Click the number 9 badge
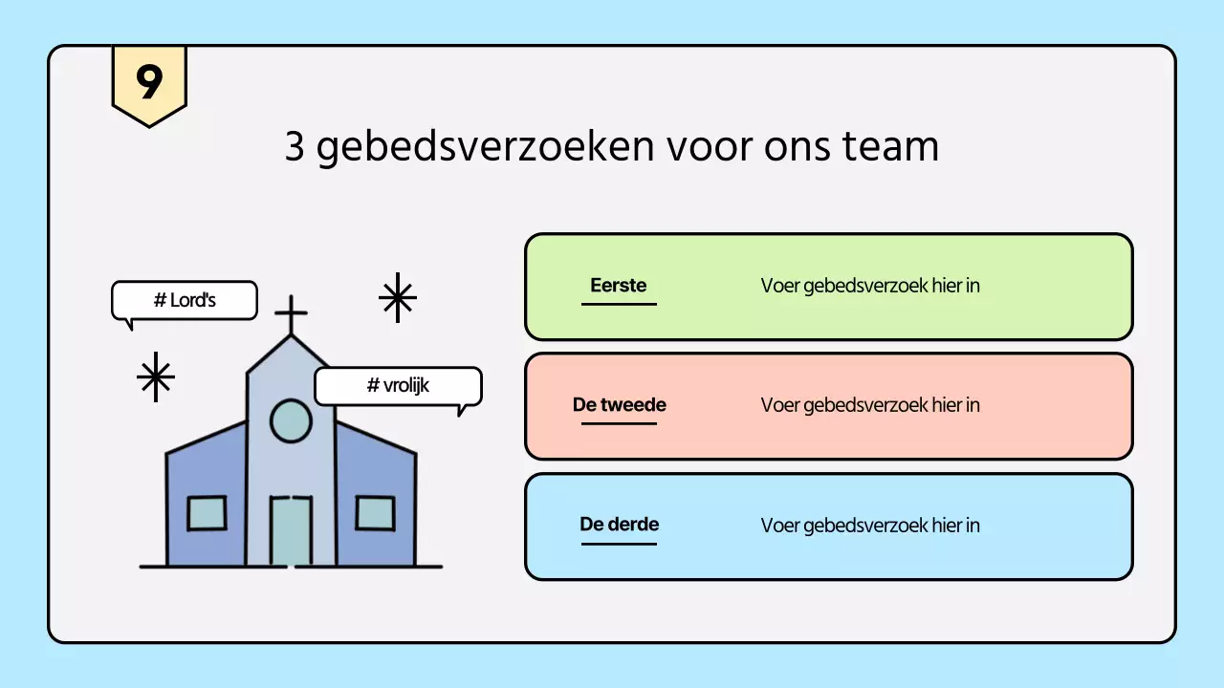pyautogui.click(x=149, y=83)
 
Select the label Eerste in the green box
pyautogui.click(x=619, y=285)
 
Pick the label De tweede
pyautogui.click(x=619, y=404)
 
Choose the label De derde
pyautogui.click(x=619, y=524)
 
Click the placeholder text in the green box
pyautogui.click(x=870, y=286)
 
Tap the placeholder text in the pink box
pyautogui.click(x=870, y=405)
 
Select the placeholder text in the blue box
pyautogui.click(x=870, y=526)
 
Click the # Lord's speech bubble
pyautogui.click(x=185, y=300)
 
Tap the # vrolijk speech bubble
pyautogui.click(x=398, y=386)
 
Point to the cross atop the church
pyautogui.click(x=291, y=314)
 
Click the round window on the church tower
pyautogui.click(x=291, y=421)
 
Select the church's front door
pyautogui.click(x=291, y=530)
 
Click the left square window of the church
pyautogui.click(x=207, y=513)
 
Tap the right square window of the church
pyautogui.click(x=375, y=513)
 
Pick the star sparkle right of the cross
pyautogui.click(x=397, y=297)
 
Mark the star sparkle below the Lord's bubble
pyautogui.click(x=155, y=376)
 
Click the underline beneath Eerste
pyautogui.click(x=619, y=304)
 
